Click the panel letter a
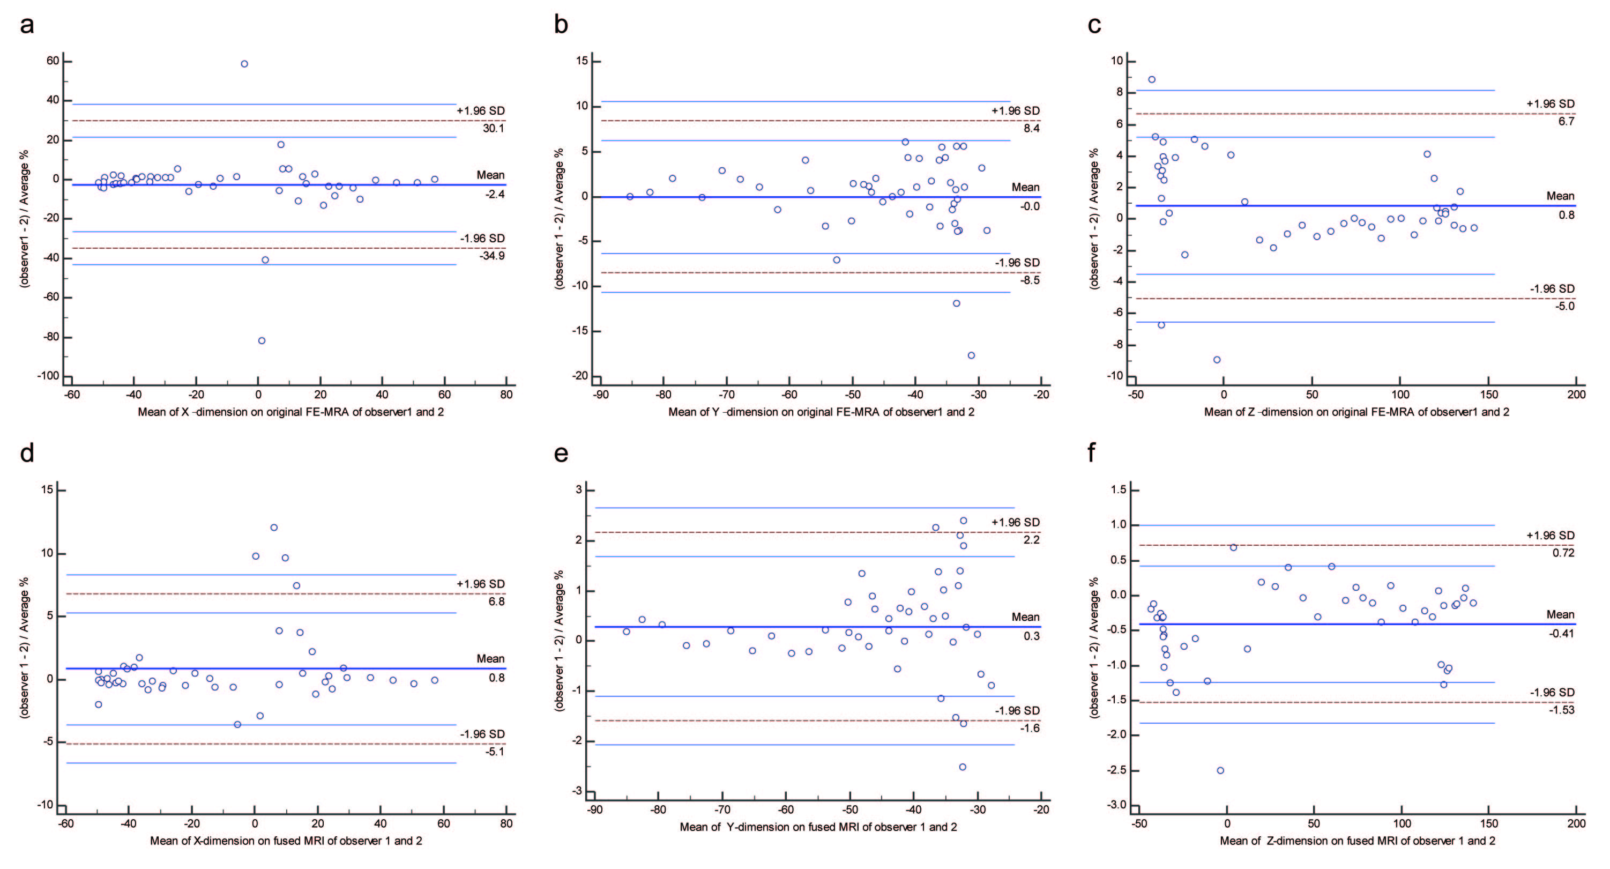pyautogui.click(x=26, y=26)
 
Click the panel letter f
pyautogui.click(x=1092, y=452)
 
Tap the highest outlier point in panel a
pyautogui.click(x=244, y=64)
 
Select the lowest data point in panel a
pyautogui.click(x=261, y=341)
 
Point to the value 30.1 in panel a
pyautogui.click(x=493, y=128)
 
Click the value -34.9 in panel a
pyautogui.click(x=491, y=256)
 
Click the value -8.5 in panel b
pyautogui.click(x=1030, y=280)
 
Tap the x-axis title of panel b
pyautogui.click(x=821, y=412)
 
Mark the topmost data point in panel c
pyautogui.click(x=1152, y=79)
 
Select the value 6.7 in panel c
pyautogui.click(x=1566, y=121)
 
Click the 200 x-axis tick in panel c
pyautogui.click(x=1576, y=395)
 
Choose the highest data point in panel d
pyautogui.click(x=274, y=528)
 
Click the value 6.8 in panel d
pyautogui.click(x=496, y=601)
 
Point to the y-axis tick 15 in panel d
pyautogui.click(x=47, y=490)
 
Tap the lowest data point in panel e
pyautogui.click(x=963, y=767)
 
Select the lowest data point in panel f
pyautogui.click(x=1220, y=770)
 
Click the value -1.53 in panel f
pyautogui.click(x=1561, y=710)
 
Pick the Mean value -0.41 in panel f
pyautogui.click(x=1561, y=633)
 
